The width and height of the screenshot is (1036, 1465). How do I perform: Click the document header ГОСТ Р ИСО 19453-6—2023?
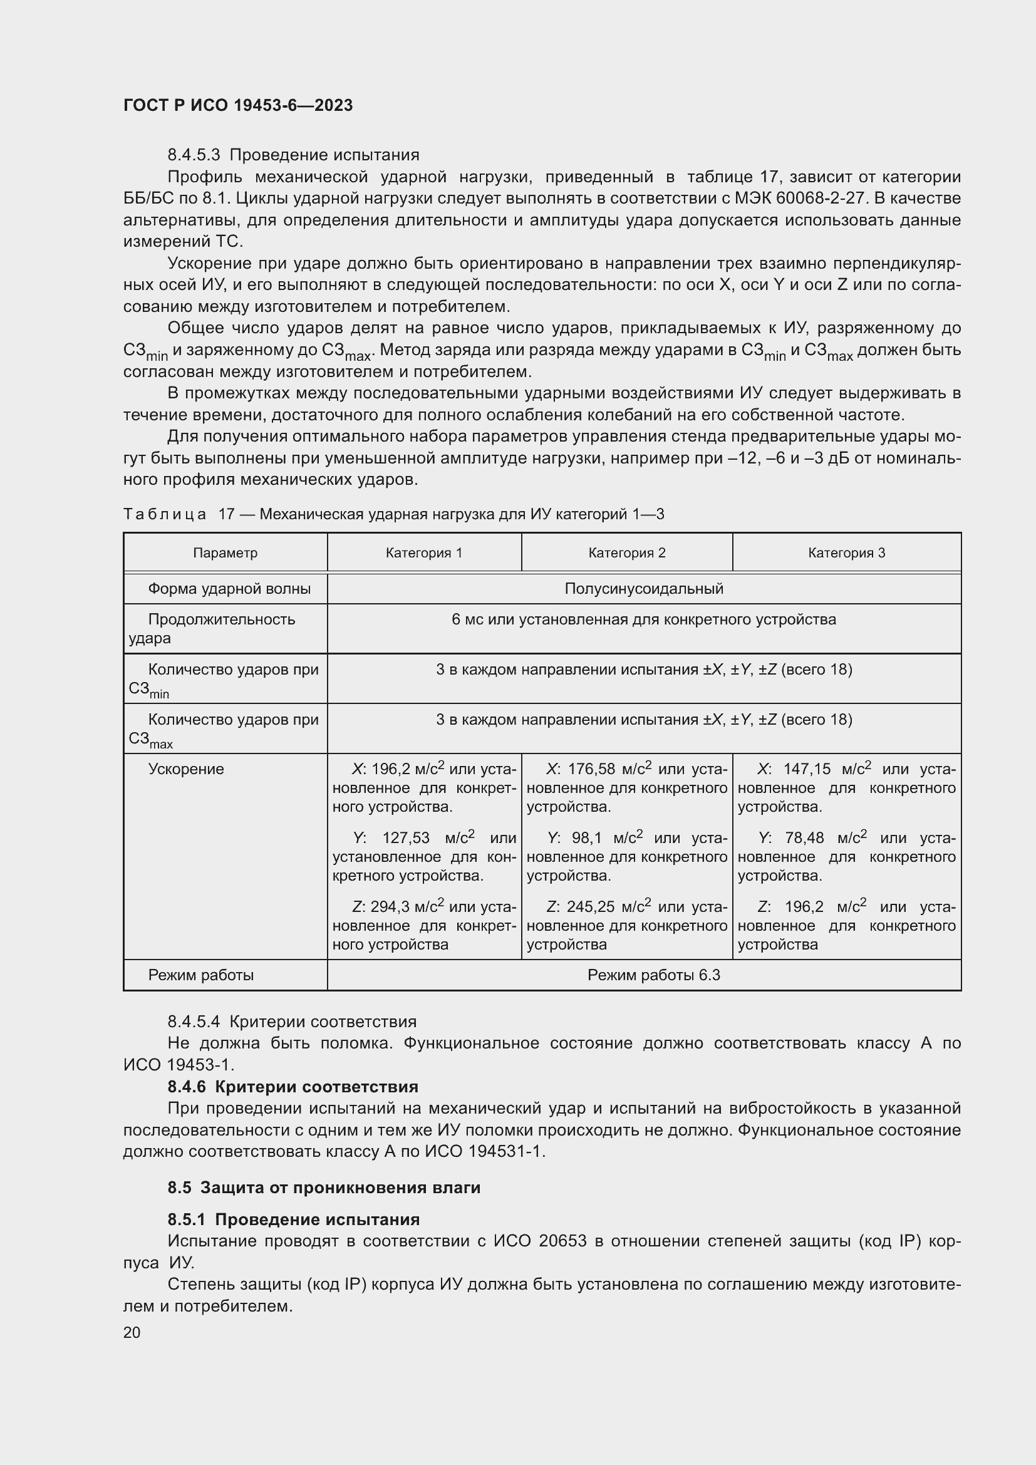(238, 105)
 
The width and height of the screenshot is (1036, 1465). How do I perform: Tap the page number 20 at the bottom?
(132, 1332)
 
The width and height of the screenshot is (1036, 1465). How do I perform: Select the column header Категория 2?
(626, 552)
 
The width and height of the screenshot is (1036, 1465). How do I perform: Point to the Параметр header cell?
(225, 552)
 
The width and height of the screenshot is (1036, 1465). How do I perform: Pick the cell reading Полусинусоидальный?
(644, 588)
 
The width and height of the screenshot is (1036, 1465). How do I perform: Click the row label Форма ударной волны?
(229, 588)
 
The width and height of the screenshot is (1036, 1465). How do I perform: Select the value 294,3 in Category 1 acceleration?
(390, 907)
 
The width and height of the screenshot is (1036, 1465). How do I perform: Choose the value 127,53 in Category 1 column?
(406, 838)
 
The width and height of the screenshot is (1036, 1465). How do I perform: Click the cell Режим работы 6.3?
(653, 975)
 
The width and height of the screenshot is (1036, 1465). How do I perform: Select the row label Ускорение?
(185, 769)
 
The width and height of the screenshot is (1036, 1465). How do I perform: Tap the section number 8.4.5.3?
(194, 155)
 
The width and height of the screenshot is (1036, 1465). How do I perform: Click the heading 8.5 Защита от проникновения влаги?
(324, 1188)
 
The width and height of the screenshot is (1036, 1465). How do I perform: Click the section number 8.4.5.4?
(194, 1022)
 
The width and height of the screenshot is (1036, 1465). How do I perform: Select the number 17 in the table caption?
(227, 514)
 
